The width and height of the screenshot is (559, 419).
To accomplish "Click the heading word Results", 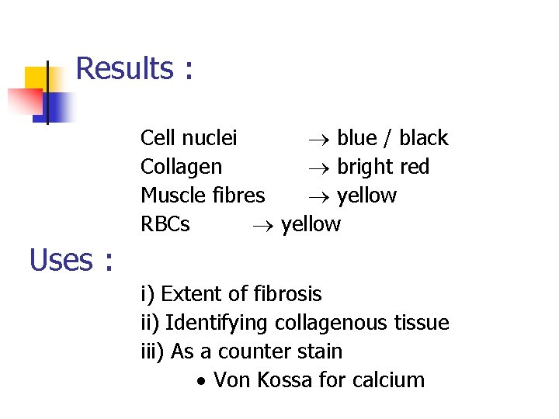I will point(124,69).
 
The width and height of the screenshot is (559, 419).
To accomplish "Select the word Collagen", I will point(181,167).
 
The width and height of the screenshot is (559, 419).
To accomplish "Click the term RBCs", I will point(165,224).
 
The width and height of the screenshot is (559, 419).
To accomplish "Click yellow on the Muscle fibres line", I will point(366,196).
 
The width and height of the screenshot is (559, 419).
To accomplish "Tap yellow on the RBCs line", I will point(311,225).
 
